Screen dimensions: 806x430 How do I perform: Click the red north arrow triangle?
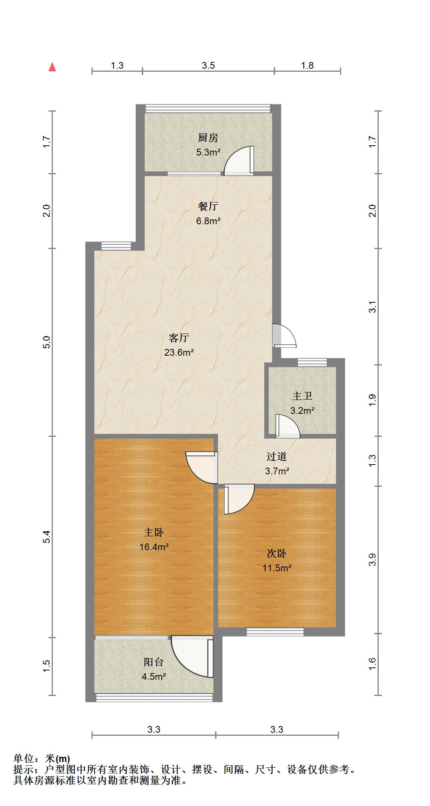52,67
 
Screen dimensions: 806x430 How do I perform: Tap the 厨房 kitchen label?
208,138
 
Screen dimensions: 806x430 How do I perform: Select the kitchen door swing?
240,160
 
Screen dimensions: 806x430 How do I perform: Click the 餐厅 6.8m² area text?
208,221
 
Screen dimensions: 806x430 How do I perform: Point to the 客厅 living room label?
179,338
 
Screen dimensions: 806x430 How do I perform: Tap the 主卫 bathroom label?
302,396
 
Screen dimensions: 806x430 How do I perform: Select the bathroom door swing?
287,427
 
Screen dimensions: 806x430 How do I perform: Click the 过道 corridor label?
277,456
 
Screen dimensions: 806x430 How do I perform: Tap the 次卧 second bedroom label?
277,553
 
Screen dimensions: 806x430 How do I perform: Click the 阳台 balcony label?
154,662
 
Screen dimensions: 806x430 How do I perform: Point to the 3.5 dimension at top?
208,65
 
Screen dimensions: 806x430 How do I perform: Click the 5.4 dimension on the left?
46,537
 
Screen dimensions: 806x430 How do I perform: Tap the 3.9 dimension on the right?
372,560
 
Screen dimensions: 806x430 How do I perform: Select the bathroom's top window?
312,362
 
